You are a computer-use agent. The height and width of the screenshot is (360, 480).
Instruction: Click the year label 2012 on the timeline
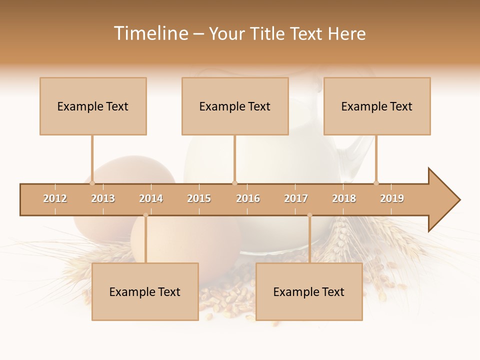[x=55, y=198]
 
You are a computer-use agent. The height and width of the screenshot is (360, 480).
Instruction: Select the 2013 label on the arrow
[x=103, y=198]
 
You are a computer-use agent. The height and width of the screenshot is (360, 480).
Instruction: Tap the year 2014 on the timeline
[x=151, y=198]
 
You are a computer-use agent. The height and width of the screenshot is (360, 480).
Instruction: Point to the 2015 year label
[x=199, y=198]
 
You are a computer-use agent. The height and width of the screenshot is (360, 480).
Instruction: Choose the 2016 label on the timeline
[x=248, y=198]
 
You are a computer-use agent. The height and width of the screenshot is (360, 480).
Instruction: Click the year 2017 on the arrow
[x=296, y=198]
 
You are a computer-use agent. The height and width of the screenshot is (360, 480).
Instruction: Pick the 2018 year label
[x=344, y=198]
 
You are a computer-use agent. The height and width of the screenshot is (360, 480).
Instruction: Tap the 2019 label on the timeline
[x=392, y=198]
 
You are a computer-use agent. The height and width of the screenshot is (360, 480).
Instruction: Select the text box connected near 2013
[x=93, y=106]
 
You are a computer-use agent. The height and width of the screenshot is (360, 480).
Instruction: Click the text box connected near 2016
[x=235, y=106]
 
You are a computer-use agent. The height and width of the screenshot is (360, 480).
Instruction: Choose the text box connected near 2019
[x=377, y=106]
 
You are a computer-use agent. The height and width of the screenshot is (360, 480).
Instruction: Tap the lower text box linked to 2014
[x=145, y=291]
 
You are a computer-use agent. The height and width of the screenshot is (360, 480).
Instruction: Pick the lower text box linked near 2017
[x=309, y=291]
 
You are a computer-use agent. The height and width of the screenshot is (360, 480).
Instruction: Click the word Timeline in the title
[x=150, y=33]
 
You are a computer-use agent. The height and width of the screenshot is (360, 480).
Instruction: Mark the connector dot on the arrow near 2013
[x=92, y=183]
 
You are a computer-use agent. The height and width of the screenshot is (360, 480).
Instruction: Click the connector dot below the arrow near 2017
[x=309, y=215]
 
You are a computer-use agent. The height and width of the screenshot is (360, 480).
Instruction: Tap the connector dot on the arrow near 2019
[x=376, y=183]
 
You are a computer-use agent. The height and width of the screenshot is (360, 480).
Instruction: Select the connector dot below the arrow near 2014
[x=145, y=215]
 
